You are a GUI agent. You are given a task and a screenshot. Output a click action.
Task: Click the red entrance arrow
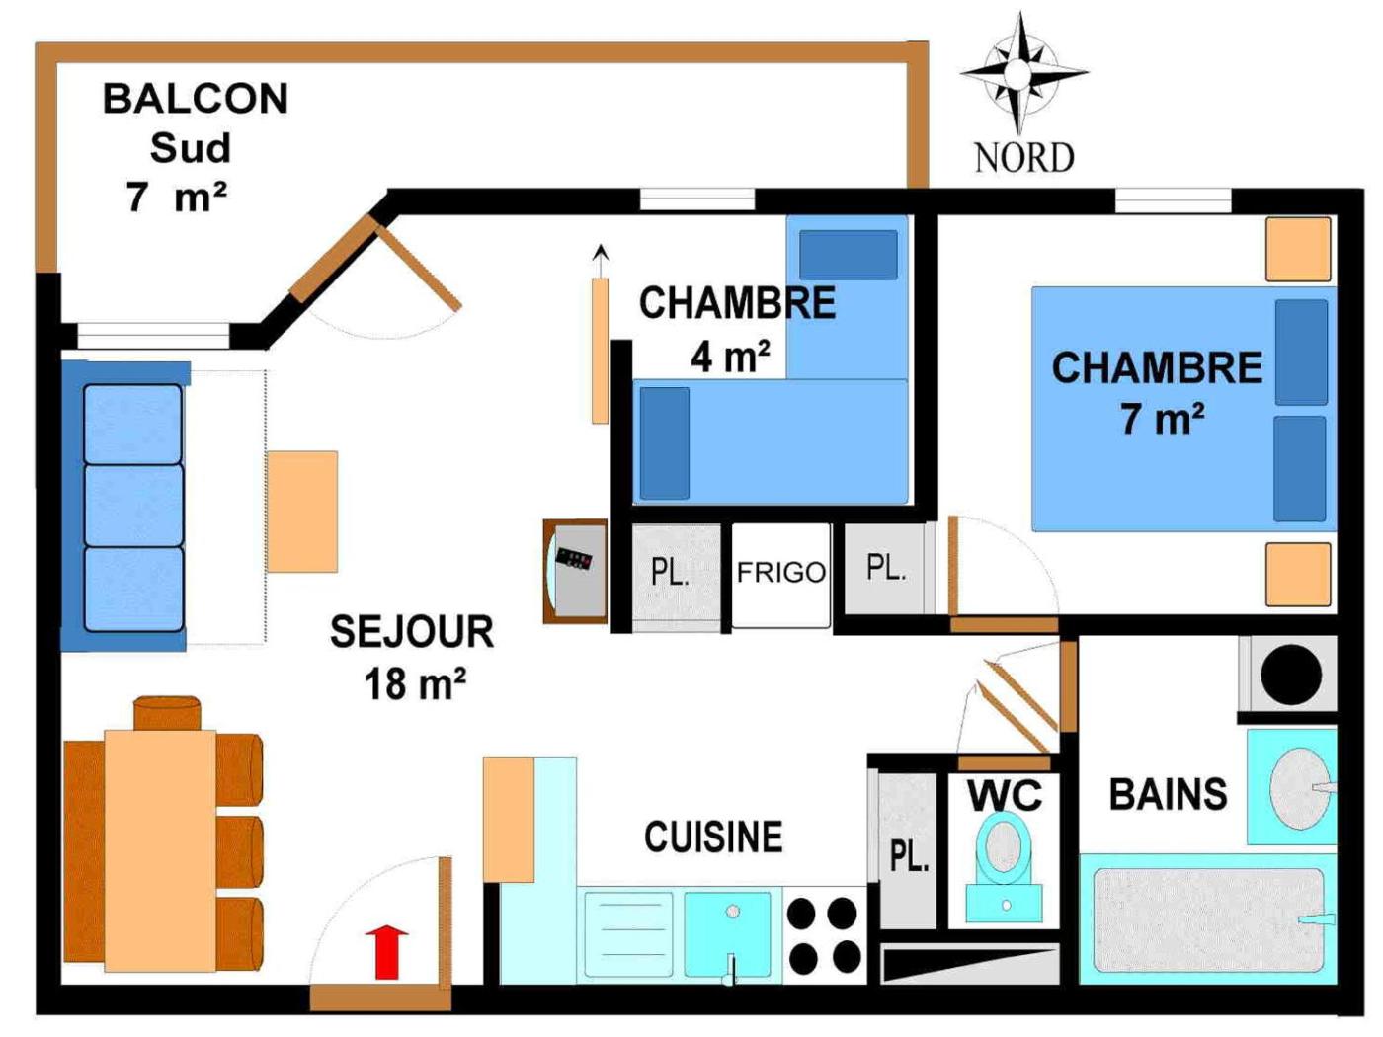coord(386,951)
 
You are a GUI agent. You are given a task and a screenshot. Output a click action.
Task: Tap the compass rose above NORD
coord(1021,71)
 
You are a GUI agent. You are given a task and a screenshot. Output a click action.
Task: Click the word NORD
coord(1023,158)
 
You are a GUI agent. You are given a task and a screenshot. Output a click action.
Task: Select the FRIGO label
coord(780,573)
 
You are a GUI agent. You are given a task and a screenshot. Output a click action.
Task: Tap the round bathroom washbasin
coord(1299,787)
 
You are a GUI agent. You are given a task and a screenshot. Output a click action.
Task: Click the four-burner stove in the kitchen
coord(823,934)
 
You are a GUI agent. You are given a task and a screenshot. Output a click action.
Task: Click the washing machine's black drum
coord(1290,675)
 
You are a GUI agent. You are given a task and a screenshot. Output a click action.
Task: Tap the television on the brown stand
coord(575,571)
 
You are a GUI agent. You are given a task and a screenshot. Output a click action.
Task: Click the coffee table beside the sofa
coord(302,512)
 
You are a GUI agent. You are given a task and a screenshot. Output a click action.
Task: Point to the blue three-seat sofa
coord(128,507)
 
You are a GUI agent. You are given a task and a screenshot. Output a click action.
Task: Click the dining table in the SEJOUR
coord(160,849)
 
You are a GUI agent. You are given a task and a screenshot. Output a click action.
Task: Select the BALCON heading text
coord(196,99)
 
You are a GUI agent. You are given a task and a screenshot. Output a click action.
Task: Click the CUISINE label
coord(713,838)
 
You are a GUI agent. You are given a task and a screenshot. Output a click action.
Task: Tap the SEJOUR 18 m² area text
coord(413,658)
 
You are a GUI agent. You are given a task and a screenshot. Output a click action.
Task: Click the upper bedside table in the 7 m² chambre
coord(1298,249)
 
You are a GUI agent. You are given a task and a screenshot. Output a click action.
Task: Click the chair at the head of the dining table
coord(167,712)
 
